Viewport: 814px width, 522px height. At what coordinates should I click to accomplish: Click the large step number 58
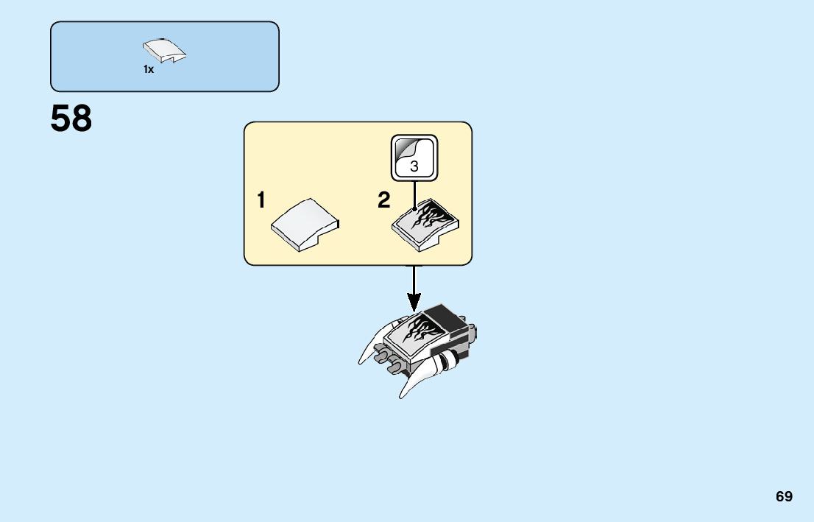[x=71, y=119]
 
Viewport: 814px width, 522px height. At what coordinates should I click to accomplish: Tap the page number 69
[x=784, y=496]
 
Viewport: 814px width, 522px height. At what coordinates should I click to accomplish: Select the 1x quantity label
[x=149, y=69]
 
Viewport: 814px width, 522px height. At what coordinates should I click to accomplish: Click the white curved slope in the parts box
[x=163, y=52]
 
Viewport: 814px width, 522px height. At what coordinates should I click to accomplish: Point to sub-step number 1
[x=261, y=200]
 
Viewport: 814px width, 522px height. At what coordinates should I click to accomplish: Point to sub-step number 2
[x=383, y=200]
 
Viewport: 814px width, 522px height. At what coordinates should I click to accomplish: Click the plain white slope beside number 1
[x=304, y=223]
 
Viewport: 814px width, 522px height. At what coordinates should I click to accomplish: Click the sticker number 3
[x=414, y=166]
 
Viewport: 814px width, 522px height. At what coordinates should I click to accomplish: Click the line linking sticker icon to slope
[x=414, y=193]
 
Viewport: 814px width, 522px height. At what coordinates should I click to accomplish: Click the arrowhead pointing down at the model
[x=414, y=301]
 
